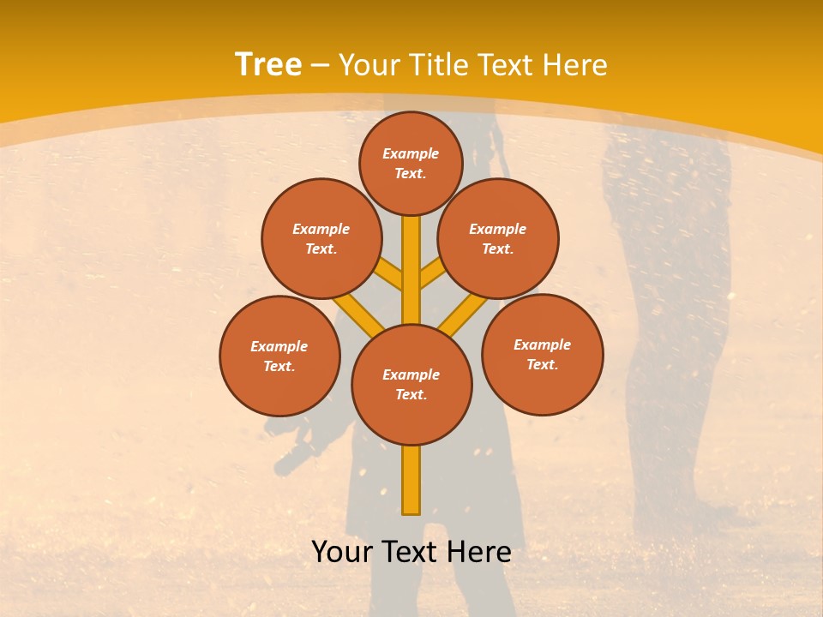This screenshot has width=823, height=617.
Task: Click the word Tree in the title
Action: [x=268, y=64]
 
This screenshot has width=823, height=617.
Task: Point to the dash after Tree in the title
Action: [x=321, y=65]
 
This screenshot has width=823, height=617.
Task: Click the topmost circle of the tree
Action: [x=411, y=163]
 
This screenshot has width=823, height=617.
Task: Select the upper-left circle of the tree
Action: [x=321, y=238]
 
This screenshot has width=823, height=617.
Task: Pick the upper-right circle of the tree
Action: [x=498, y=238]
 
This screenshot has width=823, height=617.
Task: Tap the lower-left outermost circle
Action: [x=279, y=356]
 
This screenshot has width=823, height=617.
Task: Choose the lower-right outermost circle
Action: [x=542, y=354]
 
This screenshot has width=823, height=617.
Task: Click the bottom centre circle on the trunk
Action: [x=411, y=384]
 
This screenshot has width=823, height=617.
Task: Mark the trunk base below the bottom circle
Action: [x=411, y=480]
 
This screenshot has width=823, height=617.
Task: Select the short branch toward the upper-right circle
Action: [x=433, y=274]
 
